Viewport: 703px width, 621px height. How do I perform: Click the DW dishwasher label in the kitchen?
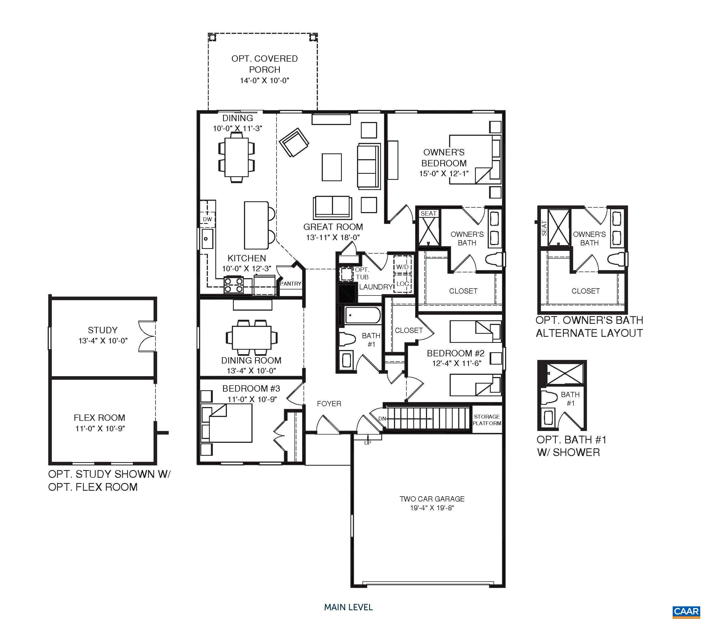[207, 219]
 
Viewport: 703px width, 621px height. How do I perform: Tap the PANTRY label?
[291, 284]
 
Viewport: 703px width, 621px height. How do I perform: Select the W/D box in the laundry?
[402, 267]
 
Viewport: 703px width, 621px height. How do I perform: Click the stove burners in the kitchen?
[234, 285]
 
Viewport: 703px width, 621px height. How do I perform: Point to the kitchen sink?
[207, 238]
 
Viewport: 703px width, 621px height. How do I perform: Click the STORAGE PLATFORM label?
[487, 420]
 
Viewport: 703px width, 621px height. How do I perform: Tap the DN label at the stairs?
[382, 419]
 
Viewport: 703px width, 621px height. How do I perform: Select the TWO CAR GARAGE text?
[432, 499]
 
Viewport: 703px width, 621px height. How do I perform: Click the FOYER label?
[329, 404]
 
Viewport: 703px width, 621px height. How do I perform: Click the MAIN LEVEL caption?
[348, 607]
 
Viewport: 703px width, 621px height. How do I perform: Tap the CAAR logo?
[686, 611]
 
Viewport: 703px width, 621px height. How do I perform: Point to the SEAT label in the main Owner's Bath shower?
[428, 213]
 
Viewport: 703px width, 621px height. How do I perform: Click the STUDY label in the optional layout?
[103, 330]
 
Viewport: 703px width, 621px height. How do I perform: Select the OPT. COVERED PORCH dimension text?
[264, 81]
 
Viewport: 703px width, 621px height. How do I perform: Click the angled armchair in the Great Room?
[294, 142]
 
